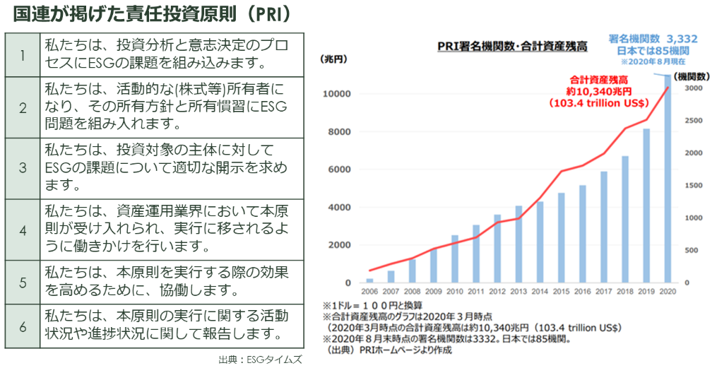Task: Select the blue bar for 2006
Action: [x=369, y=280]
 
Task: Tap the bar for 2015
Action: [x=561, y=237]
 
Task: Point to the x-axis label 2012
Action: [x=497, y=291]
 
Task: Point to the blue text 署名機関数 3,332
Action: [x=653, y=40]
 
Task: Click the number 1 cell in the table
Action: [x=22, y=55]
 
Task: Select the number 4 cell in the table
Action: [x=22, y=230]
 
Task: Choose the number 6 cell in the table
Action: [x=22, y=324]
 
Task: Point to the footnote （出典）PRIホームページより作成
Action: [x=386, y=350]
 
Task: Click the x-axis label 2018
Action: [x=624, y=291]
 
